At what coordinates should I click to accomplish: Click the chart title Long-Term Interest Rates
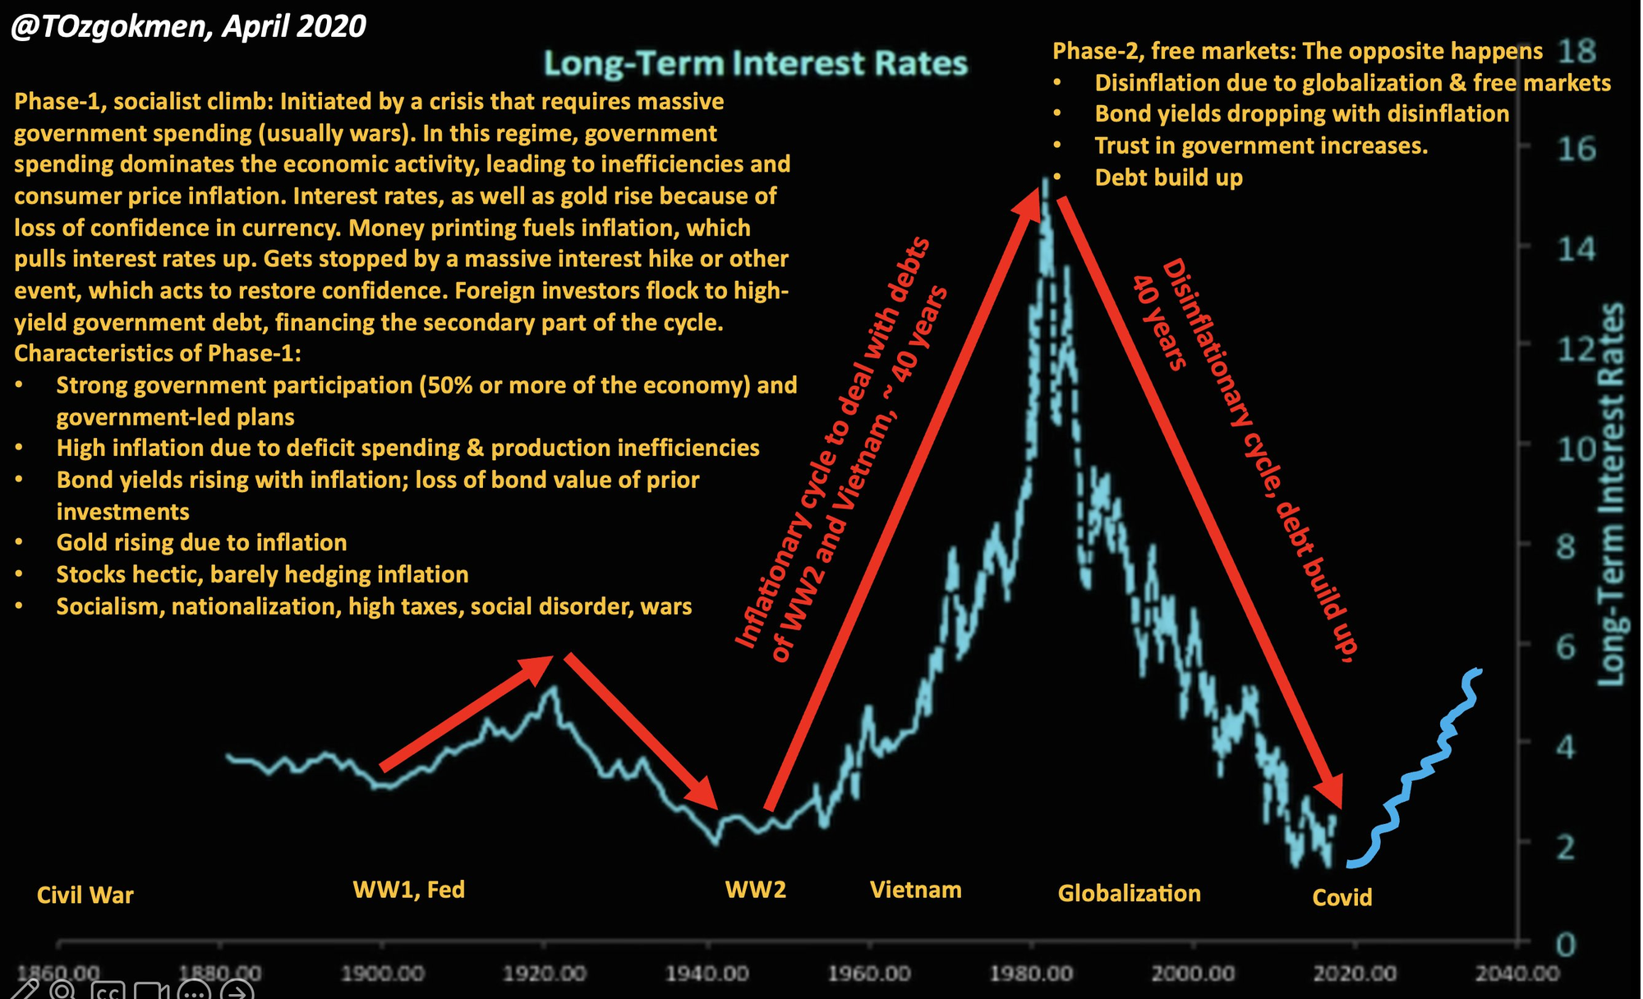click(755, 64)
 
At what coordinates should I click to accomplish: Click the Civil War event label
click(85, 895)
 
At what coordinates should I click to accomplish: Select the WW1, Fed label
click(408, 890)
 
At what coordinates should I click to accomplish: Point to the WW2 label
click(755, 890)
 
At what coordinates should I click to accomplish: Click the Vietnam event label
click(915, 890)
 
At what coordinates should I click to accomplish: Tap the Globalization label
click(1129, 893)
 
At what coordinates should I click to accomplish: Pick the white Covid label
click(1342, 897)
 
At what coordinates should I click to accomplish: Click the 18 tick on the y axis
click(1576, 51)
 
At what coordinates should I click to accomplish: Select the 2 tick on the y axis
click(1566, 847)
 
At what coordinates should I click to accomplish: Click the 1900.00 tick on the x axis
click(382, 974)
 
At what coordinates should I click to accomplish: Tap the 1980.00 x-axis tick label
click(1031, 974)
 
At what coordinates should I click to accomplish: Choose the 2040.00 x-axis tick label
click(1516, 974)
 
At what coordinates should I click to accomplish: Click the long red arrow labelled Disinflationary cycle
click(1199, 501)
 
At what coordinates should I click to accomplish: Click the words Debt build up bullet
click(1168, 177)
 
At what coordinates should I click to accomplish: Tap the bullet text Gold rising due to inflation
click(201, 542)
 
